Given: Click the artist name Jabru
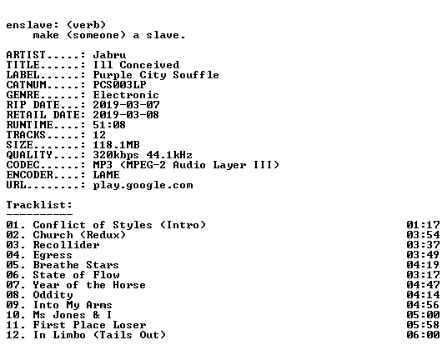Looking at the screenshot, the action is click(109, 55).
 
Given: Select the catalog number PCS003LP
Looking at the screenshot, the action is click(119, 85).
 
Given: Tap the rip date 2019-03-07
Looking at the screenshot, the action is click(126, 105).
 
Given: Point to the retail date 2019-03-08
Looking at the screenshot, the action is click(126, 115).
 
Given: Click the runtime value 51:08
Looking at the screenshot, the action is click(109, 125).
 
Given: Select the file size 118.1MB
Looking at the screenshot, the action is click(116, 145).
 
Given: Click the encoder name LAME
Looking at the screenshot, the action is click(107, 175).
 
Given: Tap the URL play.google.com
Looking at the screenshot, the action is click(143, 185).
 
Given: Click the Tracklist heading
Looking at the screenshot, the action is click(39, 205).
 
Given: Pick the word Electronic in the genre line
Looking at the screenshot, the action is click(126, 95).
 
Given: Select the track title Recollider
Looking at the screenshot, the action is click(66, 245).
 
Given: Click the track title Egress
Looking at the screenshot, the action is click(53, 255).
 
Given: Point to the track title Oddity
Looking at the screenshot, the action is click(53, 295).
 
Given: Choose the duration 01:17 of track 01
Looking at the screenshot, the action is click(423, 225).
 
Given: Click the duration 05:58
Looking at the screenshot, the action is click(423, 325).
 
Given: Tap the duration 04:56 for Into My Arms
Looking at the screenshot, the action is click(423, 305).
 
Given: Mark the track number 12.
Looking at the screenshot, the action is click(13, 335).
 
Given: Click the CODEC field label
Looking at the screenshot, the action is click(23, 165).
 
